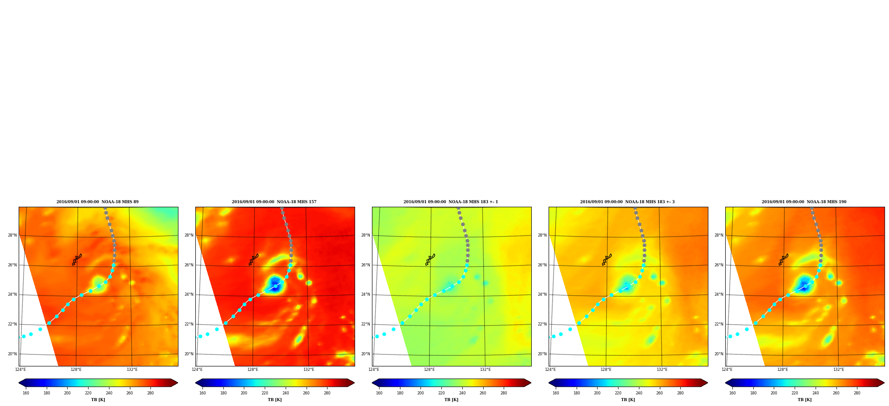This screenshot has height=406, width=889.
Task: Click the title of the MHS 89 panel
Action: tap(97, 202)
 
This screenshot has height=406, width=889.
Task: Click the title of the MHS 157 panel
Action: tap(274, 202)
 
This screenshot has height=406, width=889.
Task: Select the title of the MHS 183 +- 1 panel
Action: tap(451, 202)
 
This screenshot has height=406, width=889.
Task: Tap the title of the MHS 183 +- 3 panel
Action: tap(627, 202)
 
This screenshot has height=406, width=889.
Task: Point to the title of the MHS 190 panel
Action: tap(804, 202)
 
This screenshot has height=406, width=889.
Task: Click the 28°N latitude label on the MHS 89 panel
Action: tap(12, 235)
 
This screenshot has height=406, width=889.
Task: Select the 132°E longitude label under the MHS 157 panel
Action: tap(309, 370)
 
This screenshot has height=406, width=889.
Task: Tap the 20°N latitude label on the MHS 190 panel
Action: tap(719, 354)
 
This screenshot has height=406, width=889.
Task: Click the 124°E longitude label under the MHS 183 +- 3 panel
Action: tap(550, 370)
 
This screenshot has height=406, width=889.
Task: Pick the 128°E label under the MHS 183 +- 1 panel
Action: tap(429, 370)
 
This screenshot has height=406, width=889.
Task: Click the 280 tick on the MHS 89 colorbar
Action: tap(150, 393)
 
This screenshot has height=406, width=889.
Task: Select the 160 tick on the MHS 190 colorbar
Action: tap(732, 393)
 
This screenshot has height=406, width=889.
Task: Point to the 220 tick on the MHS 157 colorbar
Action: tap(265, 393)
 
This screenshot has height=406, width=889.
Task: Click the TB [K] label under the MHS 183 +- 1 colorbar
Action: tap(451, 400)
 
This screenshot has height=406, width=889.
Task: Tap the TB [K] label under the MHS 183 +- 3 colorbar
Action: tap(628, 400)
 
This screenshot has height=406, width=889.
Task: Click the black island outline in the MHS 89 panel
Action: tap(77, 259)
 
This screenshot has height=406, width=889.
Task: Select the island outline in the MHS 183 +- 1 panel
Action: tap(430, 259)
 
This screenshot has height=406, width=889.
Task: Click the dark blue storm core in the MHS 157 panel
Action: tap(275, 285)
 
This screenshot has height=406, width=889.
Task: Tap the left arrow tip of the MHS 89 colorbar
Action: tap(19, 383)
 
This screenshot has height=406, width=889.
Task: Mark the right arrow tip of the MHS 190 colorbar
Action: tap(884, 383)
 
